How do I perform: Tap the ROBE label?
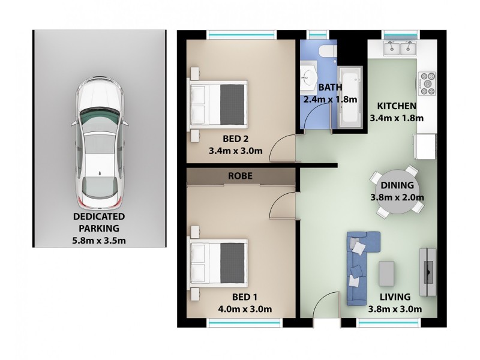(240, 176)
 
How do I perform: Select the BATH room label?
(331, 87)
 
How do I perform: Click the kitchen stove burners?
(428, 83)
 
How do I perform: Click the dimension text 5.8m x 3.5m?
(100, 241)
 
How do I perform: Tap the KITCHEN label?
(397, 106)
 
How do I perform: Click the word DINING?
(397, 185)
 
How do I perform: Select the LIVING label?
(394, 296)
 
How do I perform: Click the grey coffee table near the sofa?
(387, 273)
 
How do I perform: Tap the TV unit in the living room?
(428, 271)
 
